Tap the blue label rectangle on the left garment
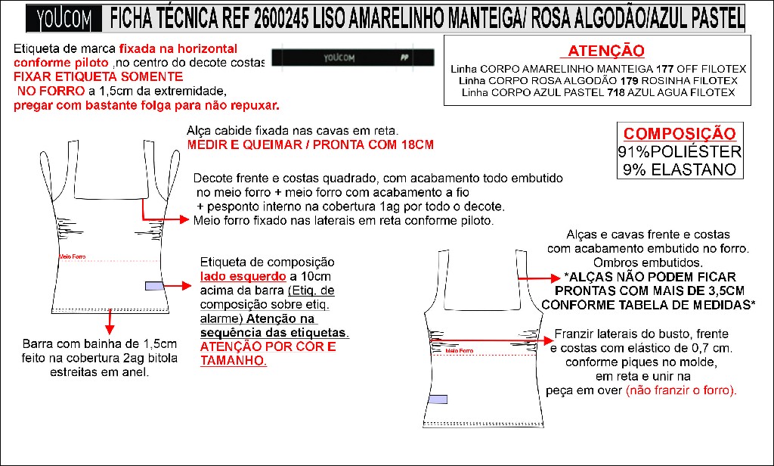[x=153, y=286]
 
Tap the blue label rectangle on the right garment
[x=438, y=399]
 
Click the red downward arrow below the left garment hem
[x=110, y=322]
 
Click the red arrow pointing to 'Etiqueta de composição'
[x=179, y=286]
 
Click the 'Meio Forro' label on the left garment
[x=72, y=257]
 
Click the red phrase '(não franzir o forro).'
[x=681, y=390]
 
